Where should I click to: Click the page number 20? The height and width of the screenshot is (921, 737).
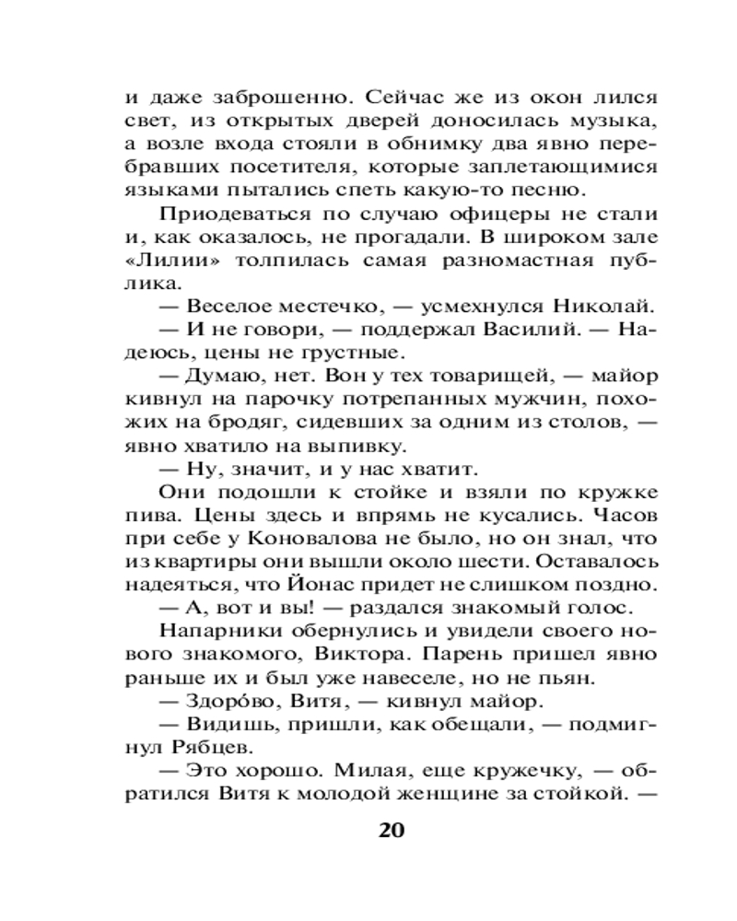[392, 829]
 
